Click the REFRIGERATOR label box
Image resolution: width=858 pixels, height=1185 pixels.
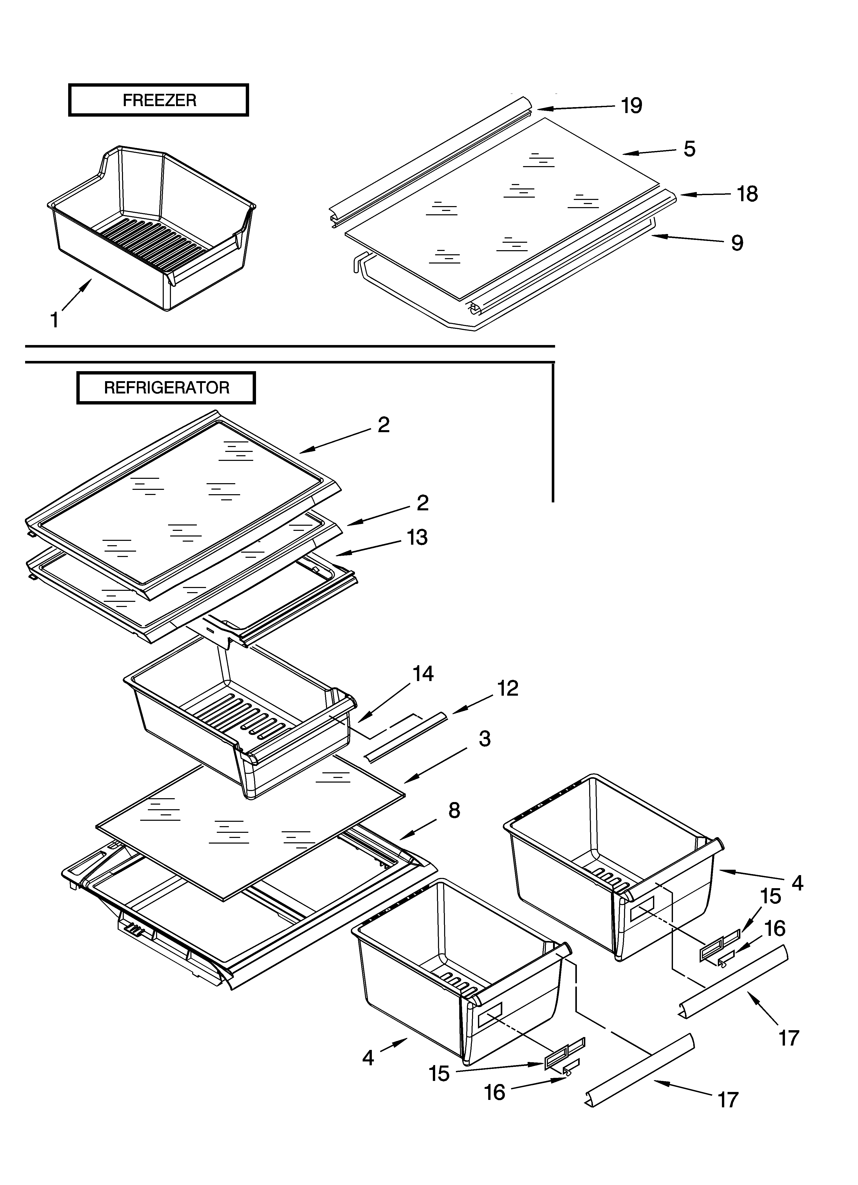point(166,388)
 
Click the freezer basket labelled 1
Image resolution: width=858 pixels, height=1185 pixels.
point(151,230)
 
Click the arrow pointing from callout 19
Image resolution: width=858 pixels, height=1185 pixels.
point(575,108)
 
